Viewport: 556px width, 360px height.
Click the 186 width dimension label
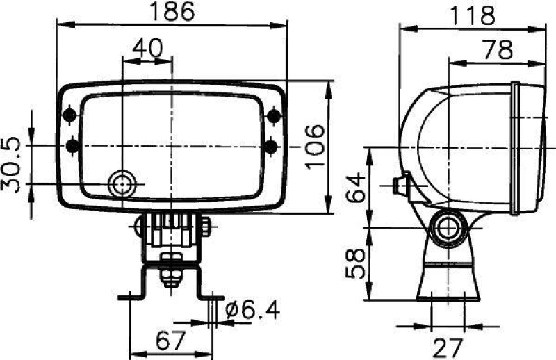(172, 12)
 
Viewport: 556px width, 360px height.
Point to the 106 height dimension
(313, 146)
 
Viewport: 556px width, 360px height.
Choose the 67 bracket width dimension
(171, 341)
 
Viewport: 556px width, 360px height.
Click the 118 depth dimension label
(472, 15)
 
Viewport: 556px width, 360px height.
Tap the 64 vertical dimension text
(355, 186)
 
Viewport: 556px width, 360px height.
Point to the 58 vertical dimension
(355, 263)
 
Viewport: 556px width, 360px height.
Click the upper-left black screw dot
(70, 114)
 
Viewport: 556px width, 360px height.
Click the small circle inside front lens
(123, 183)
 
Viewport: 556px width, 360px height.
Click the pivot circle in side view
(447, 227)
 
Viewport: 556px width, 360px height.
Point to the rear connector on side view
(400, 186)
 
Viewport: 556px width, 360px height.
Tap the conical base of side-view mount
(448, 282)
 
